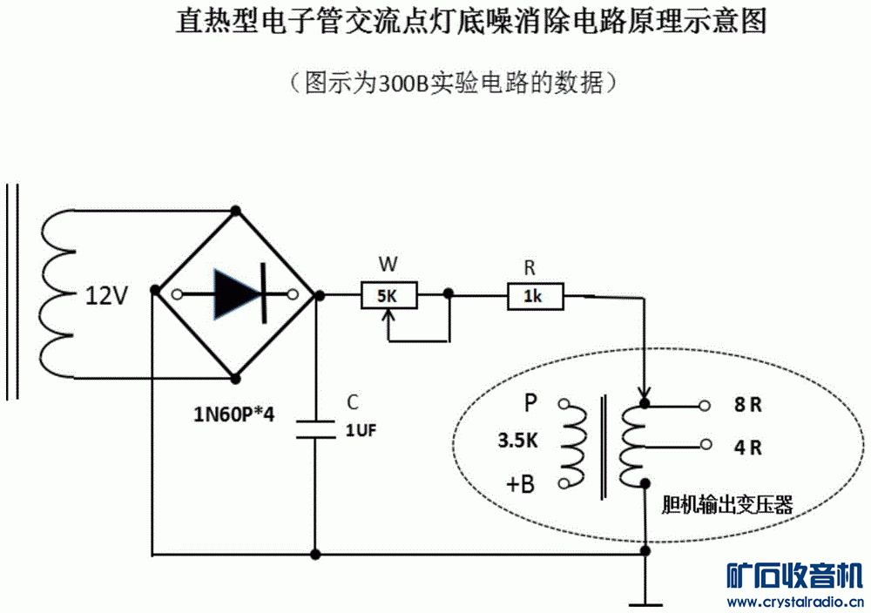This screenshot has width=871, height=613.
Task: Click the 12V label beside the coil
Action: click(106, 296)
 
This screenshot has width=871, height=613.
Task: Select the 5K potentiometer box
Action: click(388, 296)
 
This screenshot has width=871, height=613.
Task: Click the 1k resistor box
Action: click(535, 297)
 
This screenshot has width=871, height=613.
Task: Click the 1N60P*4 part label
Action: click(233, 414)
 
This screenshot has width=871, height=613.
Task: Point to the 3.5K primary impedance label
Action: click(517, 441)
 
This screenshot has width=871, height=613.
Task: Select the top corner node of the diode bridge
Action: click(234, 210)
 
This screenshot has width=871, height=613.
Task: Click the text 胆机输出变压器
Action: click(726, 504)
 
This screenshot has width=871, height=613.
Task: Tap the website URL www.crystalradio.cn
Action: click(795, 602)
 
